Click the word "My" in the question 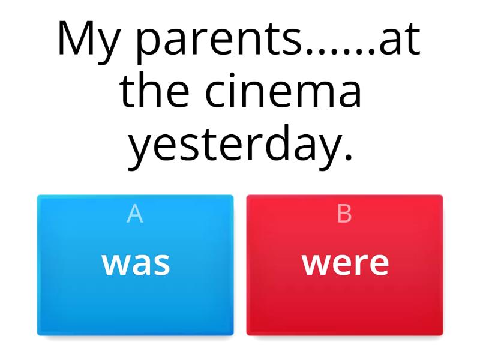tap(88, 42)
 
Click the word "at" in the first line tap(400, 39)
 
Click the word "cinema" tap(283, 91)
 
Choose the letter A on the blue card tap(134, 214)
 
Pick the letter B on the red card tap(344, 214)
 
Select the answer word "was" tap(136, 264)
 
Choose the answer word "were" tap(346, 264)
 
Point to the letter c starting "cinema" tap(218, 93)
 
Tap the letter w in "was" tap(115, 264)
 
